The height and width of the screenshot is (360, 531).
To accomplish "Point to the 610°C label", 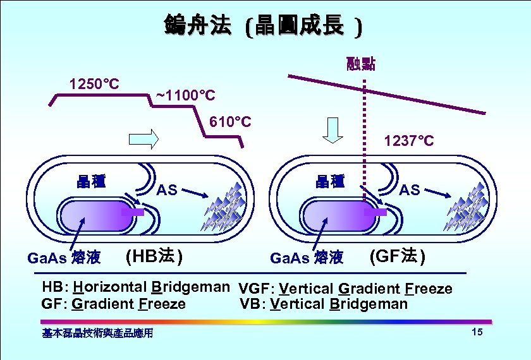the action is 229,121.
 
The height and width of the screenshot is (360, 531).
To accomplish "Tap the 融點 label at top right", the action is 361,63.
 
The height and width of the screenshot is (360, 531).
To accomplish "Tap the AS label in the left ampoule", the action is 167,189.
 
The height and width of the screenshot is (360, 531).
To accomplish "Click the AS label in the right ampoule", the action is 410,189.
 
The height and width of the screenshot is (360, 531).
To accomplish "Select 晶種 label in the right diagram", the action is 331,182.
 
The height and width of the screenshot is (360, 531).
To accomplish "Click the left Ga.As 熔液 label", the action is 64,258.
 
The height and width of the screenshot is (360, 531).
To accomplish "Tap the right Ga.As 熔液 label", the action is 306,258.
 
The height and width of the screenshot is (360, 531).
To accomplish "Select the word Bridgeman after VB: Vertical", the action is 369,304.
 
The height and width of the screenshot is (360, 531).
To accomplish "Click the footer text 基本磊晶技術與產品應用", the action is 97,333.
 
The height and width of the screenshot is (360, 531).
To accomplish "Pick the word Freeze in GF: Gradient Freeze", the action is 162,304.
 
